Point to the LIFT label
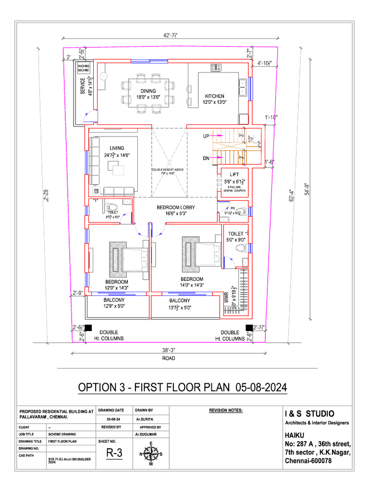[234, 175]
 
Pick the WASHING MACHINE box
[84, 68]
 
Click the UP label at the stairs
[206, 136]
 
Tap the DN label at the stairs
[206, 158]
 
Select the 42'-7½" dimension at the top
[171, 35]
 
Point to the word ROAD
[168, 358]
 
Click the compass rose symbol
[151, 453]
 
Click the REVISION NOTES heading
[226, 411]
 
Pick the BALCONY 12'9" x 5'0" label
[114, 303]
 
